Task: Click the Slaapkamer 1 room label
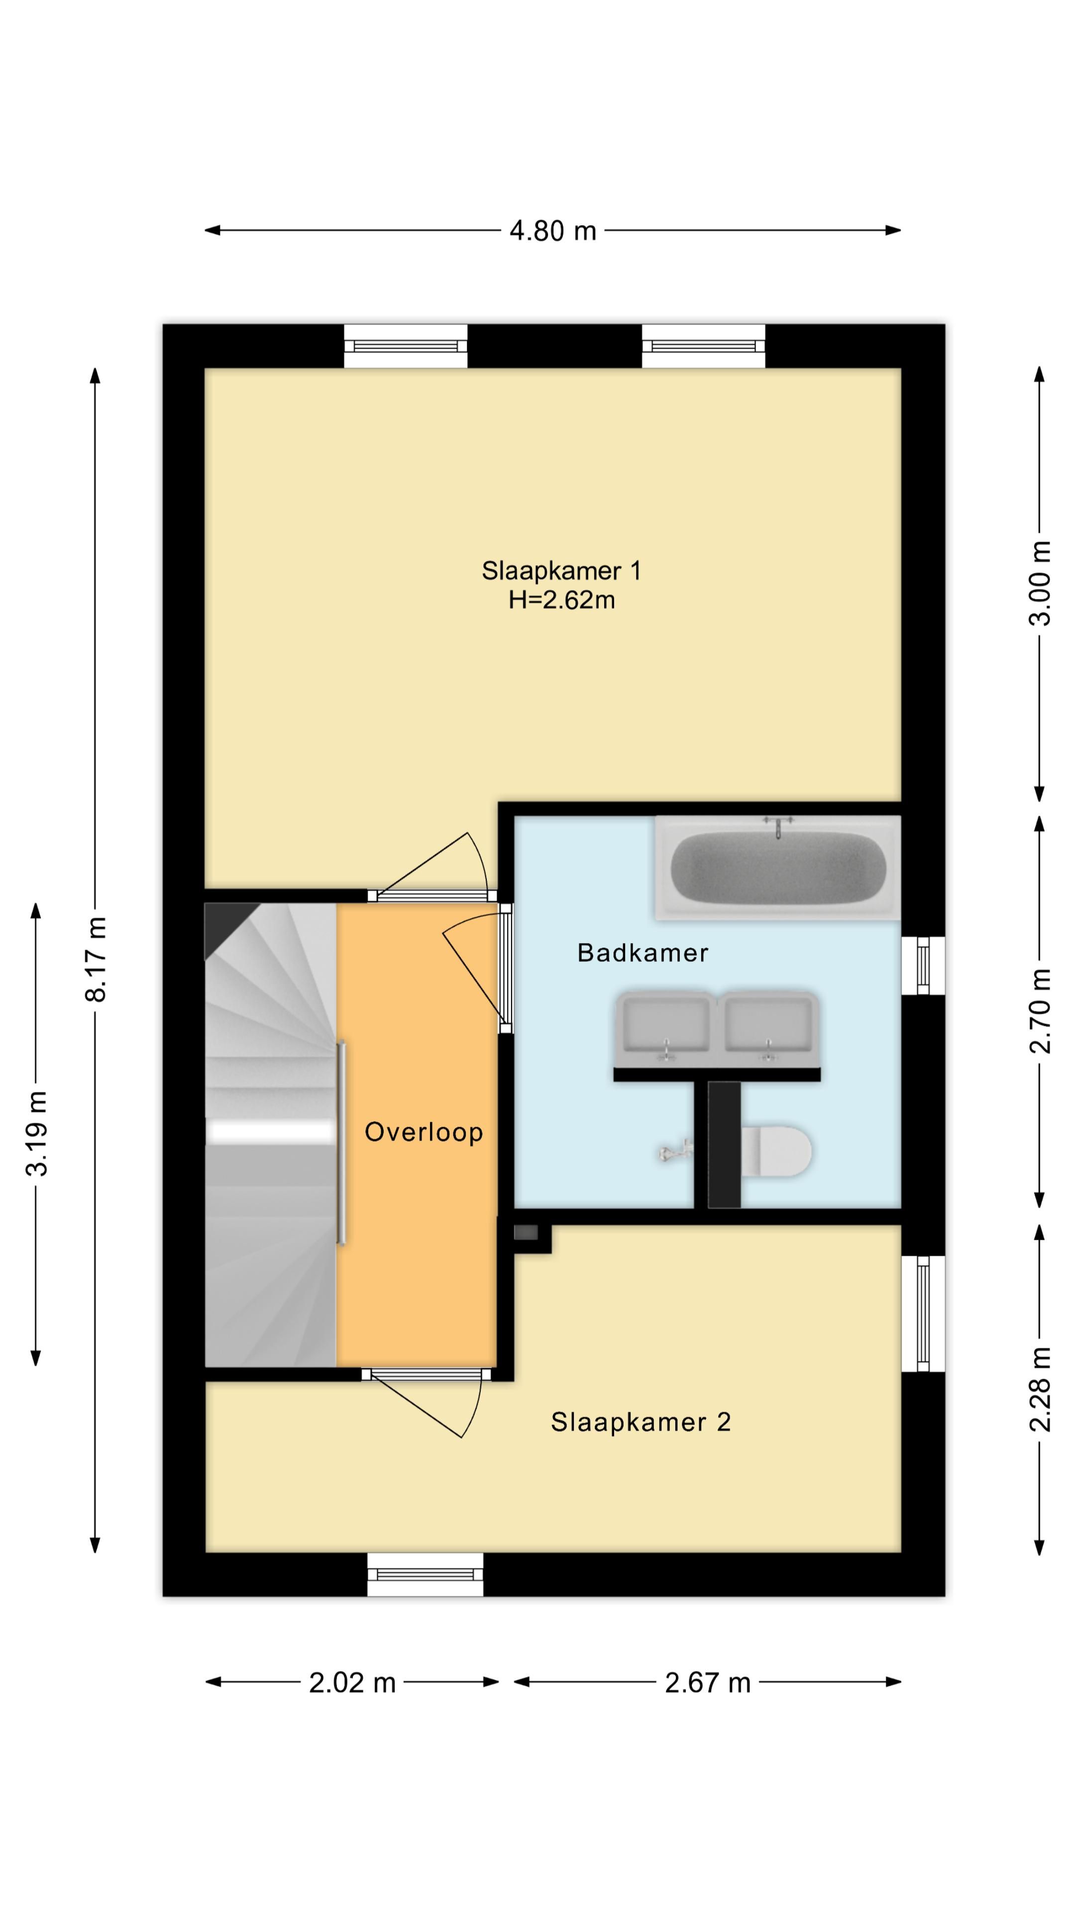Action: (x=561, y=571)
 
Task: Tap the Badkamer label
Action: (x=643, y=953)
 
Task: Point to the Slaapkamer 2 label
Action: (x=640, y=1422)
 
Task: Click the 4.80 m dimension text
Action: (x=553, y=231)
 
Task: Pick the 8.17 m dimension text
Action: (x=97, y=959)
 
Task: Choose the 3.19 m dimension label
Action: (x=37, y=1134)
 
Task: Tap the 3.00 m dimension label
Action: (x=1040, y=584)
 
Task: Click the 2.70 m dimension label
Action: (x=1040, y=1011)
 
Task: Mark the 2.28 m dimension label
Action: (x=1040, y=1389)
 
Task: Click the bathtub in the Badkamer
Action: (x=777, y=868)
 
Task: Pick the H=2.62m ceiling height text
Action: (x=561, y=599)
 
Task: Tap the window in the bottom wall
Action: (x=425, y=1575)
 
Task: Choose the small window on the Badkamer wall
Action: (x=923, y=965)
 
